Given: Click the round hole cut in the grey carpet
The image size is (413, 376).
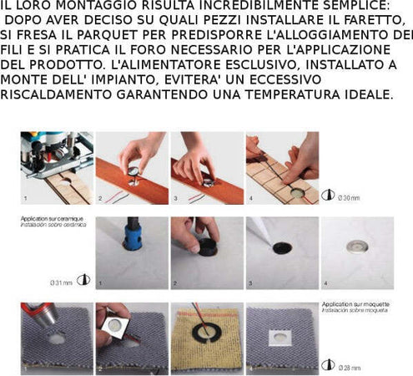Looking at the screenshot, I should (57, 340).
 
